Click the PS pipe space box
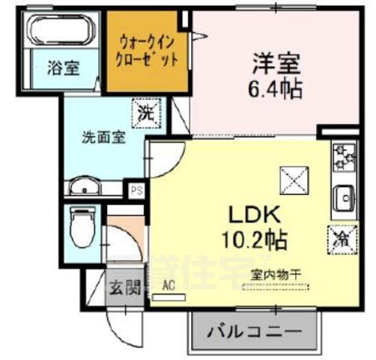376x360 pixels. click(x=136, y=190)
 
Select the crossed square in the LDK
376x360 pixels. click(x=292, y=178)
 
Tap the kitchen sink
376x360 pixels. click(x=345, y=197)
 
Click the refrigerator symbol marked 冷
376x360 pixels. click(x=341, y=240)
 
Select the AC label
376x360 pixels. click(x=170, y=285)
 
